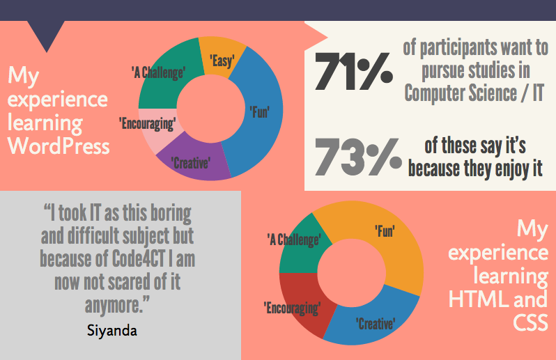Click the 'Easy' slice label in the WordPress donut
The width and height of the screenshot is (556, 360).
point(222,61)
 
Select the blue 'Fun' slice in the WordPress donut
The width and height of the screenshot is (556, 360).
point(259,111)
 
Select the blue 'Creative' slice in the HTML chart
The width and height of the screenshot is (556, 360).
point(376,323)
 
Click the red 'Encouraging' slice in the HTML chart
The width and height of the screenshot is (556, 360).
point(295,306)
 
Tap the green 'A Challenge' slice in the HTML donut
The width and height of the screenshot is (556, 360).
point(295,241)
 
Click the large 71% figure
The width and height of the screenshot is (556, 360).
point(353,72)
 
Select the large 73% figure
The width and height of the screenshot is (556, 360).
point(353,157)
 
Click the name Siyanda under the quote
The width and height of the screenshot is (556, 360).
point(112,329)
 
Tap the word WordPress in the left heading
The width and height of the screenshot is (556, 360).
point(59,146)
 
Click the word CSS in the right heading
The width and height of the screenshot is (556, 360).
point(531,322)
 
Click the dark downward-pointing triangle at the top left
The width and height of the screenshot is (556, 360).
point(47,35)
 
